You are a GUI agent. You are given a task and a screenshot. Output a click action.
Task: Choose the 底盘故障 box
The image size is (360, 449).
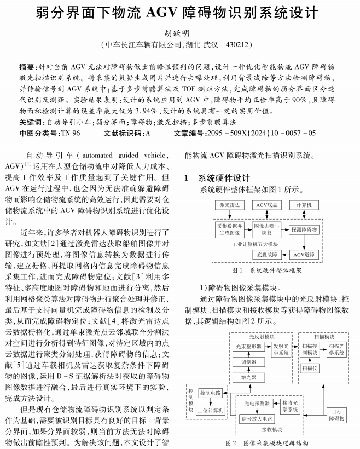point(267,255)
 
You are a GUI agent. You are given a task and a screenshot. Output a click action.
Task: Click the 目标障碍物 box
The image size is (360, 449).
point(336,415)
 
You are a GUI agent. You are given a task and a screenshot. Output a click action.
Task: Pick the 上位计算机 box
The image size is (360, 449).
point(210,410)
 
